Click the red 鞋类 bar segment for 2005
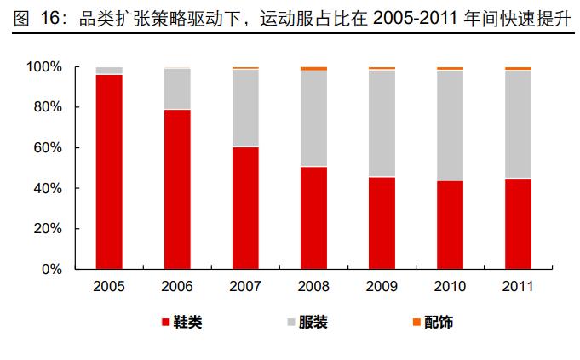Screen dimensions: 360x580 pyautogui.click(x=109, y=172)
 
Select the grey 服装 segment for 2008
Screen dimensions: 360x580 pyautogui.click(x=313, y=118)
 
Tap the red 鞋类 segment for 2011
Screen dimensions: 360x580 pyautogui.click(x=518, y=223)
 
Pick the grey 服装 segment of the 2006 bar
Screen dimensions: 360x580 pyautogui.click(x=177, y=89)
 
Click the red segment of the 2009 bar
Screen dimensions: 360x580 pyautogui.click(x=382, y=222)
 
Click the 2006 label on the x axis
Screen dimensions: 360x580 pyautogui.click(x=177, y=286)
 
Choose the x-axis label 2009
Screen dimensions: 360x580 pyautogui.click(x=382, y=286)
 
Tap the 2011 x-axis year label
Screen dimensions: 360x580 pyautogui.click(x=518, y=286)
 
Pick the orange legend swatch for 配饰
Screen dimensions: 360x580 pyautogui.click(x=416, y=323)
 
